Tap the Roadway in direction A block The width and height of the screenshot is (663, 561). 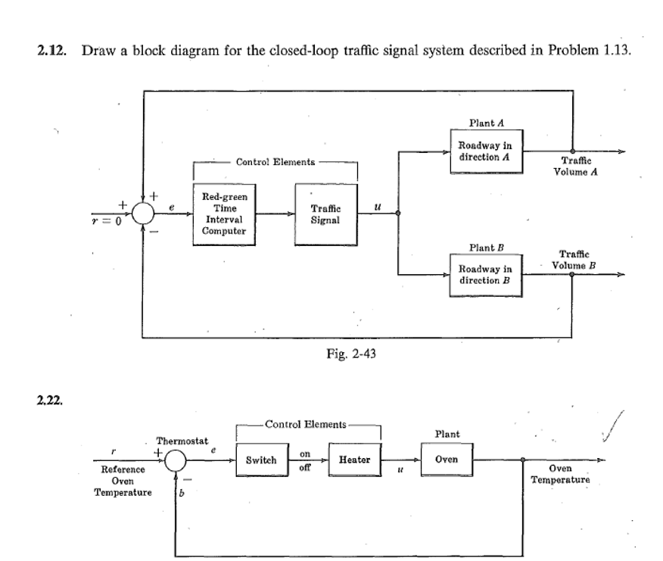484,151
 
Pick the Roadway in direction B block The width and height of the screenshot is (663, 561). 484,274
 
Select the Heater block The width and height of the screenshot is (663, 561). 354,460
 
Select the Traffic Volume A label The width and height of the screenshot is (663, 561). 581,166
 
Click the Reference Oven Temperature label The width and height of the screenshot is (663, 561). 122,482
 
